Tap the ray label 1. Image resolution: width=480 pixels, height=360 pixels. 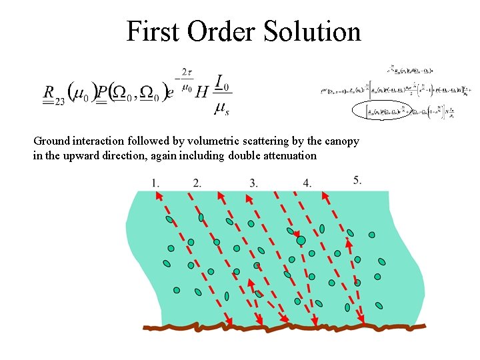click(155, 182)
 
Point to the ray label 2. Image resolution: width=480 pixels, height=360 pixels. click(197, 182)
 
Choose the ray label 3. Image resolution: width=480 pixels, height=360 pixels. click(253, 182)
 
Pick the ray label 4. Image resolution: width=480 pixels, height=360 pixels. click(306, 182)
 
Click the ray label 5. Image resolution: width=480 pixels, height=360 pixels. click(357, 179)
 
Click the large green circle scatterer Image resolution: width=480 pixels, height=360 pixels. click(301, 240)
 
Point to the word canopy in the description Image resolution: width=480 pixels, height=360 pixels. click(342, 141)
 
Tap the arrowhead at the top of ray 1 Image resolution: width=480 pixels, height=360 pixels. click(158, 195)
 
